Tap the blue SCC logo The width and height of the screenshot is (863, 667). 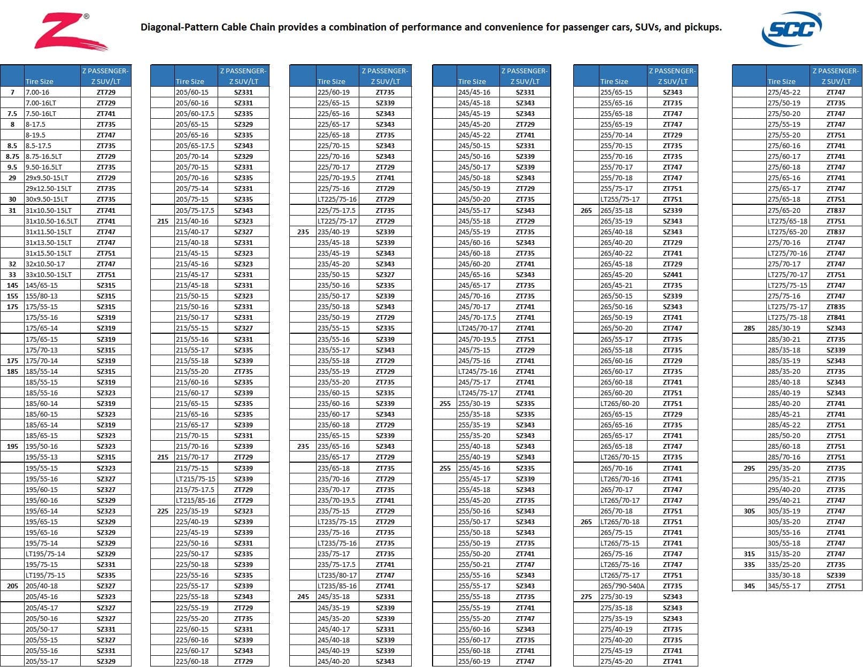(791, 29)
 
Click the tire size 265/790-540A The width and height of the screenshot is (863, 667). (622, 586)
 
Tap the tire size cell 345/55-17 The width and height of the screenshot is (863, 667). (784, 586)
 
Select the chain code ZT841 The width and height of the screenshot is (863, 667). (836, 317)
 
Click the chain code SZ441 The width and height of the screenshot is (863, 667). (672, 274)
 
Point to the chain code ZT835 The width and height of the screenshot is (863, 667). (836, 306)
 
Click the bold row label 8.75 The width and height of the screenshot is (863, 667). (12, 156)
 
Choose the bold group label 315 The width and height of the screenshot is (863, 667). (749, 554)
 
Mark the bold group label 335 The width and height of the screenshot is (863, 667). (749, 564)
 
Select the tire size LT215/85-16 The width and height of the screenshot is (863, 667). (196, 500)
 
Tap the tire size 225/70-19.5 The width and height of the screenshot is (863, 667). (336, 178)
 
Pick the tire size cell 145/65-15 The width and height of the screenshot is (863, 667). (42, 285)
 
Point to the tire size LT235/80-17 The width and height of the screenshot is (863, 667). (337, 575)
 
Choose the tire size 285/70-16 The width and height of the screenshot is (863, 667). (784, 457)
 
